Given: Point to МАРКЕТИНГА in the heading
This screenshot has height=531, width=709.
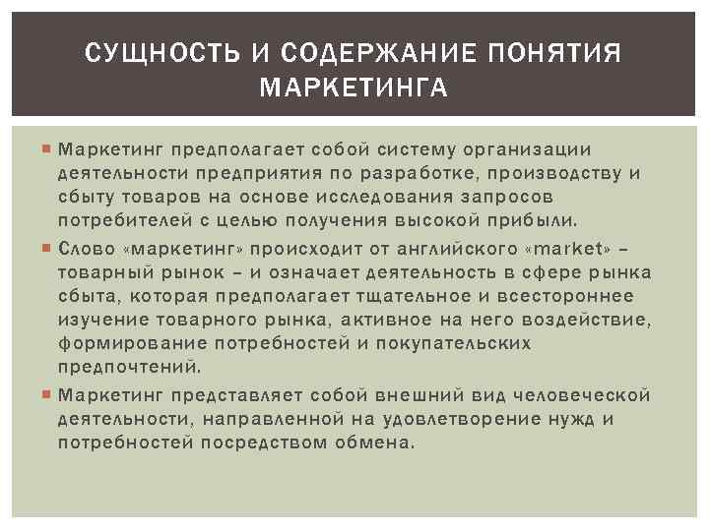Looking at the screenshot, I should [354, 90].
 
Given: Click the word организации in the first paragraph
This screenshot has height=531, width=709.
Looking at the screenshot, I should [532, 150].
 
